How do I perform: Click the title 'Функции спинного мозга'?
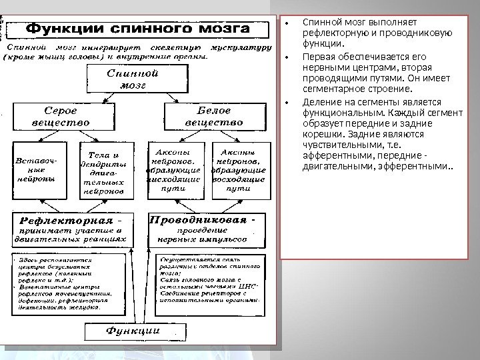[138, 31]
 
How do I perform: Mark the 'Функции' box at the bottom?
[134, 331]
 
